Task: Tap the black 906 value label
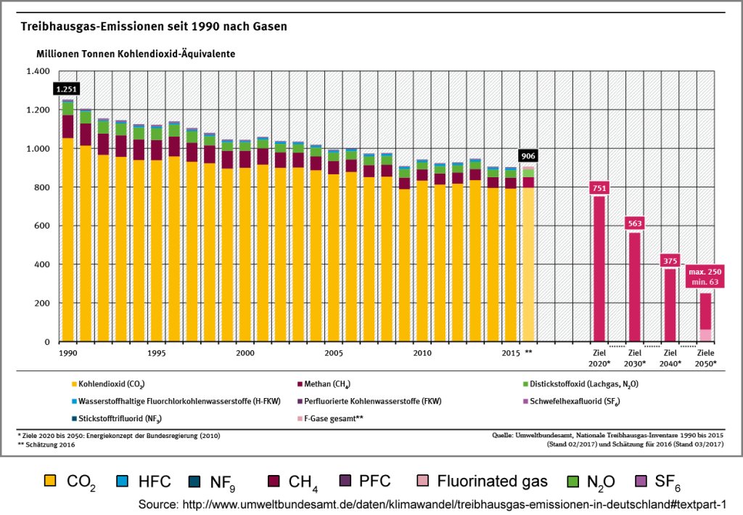528,156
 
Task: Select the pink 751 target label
599,187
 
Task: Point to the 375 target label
670,260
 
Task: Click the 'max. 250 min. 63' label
705,277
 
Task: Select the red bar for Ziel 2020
599,269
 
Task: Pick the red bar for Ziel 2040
670,305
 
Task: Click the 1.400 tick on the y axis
37,71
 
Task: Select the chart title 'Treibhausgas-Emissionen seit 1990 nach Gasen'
154,27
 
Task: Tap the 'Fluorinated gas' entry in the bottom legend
480,481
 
